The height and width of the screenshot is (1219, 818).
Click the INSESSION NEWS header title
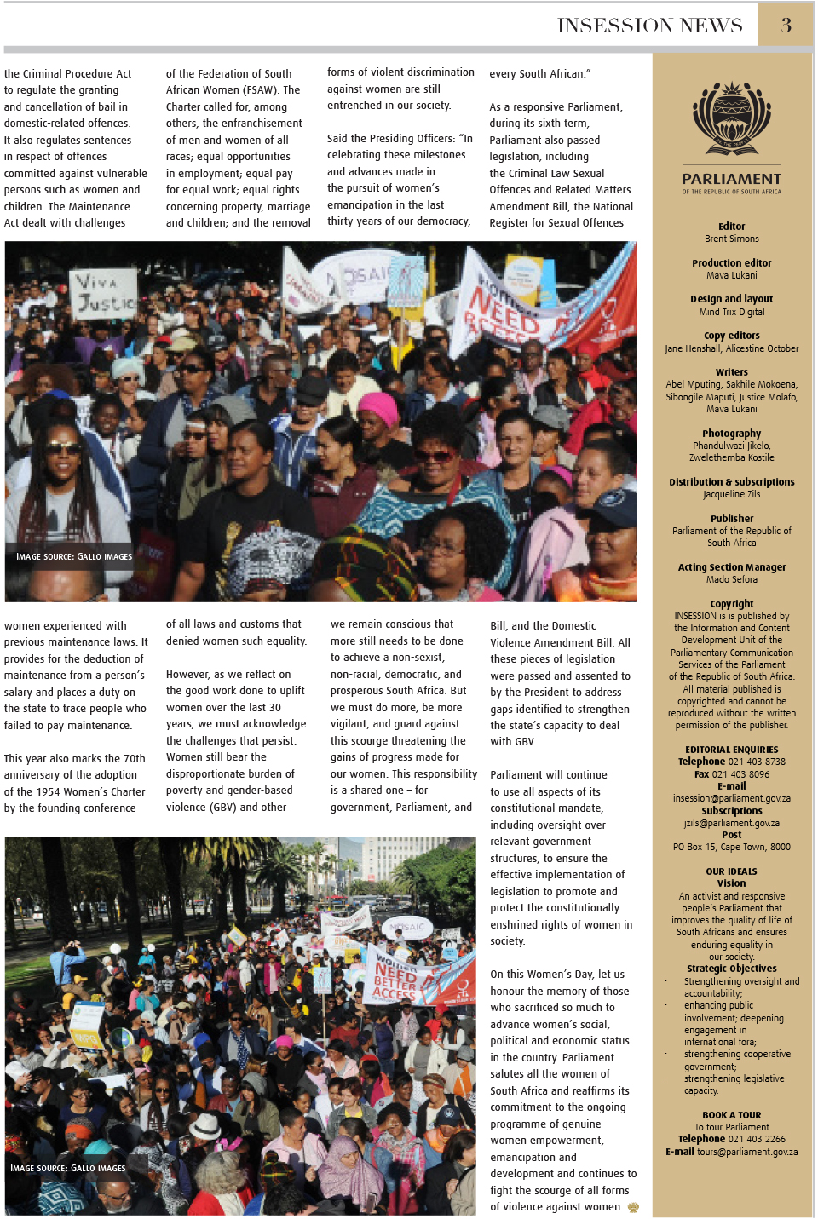click(x=649, y=26)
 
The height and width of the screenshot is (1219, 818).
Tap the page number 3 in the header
click(x=786, y=26)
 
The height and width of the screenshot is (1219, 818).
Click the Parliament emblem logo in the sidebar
click(x=731, y=119)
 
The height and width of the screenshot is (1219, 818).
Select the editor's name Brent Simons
click(x=731, y=239)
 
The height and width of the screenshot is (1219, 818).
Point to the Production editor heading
click(x=731, y=263)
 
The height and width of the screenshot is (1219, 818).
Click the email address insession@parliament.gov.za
click(x=731, y=799)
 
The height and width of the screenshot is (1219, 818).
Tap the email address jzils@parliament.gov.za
click(x=731, y=824)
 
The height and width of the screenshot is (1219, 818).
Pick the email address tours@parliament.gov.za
click(x=747, y=1152)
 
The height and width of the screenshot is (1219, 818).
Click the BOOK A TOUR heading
click(x=731, y=1115)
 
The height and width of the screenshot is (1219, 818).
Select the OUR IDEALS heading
click(x=731, y=871)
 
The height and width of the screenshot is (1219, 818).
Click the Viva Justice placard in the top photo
click(x=102, y=294)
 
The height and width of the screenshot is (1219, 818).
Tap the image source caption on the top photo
click(x=74, y=556)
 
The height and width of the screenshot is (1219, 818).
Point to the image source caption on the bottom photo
click(x=68, y=1168)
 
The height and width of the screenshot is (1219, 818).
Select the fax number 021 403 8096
click(x=741, y=774)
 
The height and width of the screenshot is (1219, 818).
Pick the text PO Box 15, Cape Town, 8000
click(x=731, y=848)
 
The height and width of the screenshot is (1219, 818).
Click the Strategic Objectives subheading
click(x=731, y=969)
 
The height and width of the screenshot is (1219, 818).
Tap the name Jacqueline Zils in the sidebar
click(x=731, y=495)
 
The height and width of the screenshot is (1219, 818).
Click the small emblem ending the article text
click(x=633, y=1207)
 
